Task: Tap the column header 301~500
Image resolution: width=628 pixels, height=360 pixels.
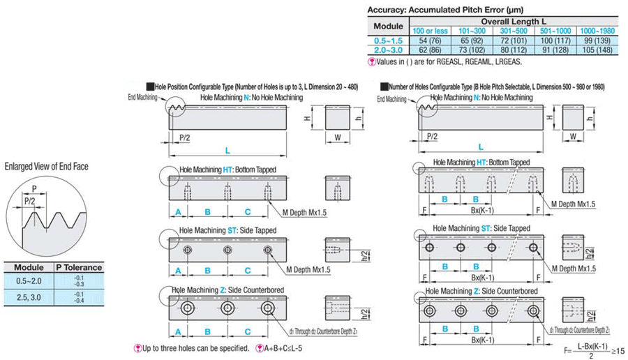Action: point(513,31)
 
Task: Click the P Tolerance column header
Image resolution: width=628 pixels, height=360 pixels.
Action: point(78,267)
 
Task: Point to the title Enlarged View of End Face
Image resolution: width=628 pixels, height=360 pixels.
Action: point(46,166)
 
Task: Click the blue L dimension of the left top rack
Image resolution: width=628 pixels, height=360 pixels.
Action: point(227,149)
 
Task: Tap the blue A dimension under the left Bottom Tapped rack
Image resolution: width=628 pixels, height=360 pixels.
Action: point(178,211)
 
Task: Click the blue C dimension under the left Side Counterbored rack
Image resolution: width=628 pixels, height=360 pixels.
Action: point(247,329)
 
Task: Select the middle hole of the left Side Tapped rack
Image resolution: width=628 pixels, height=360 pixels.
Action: point(227,250)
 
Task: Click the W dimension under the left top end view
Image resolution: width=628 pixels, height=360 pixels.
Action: point(337,137)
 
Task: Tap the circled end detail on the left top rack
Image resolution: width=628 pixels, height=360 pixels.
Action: point(177,108)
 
